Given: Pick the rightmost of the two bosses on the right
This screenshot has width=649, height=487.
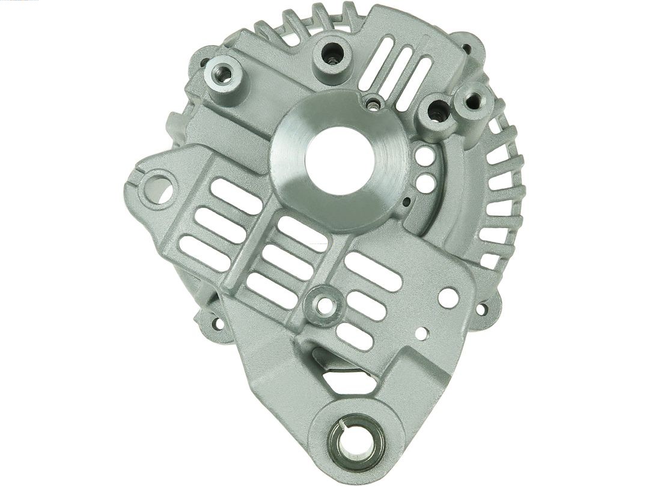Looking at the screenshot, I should pyautogui.click(x=474, y=100).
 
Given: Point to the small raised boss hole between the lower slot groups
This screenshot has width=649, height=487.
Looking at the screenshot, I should pyautogui.click(x=325, y=305).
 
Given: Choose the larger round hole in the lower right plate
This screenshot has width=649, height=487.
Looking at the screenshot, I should pyautogui.click(x=448, y=297).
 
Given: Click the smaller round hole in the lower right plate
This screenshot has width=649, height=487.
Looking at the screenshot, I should pyautogui.click(x=422, y=333).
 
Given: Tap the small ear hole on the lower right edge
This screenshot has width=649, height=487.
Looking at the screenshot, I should pyautogui.click(x=481, y=310).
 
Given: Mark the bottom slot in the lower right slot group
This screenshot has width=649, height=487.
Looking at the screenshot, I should pyautogui.click(x=355, y=336).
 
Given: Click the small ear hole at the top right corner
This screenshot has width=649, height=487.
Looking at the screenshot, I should pyautogui.click(x=466, y=50).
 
